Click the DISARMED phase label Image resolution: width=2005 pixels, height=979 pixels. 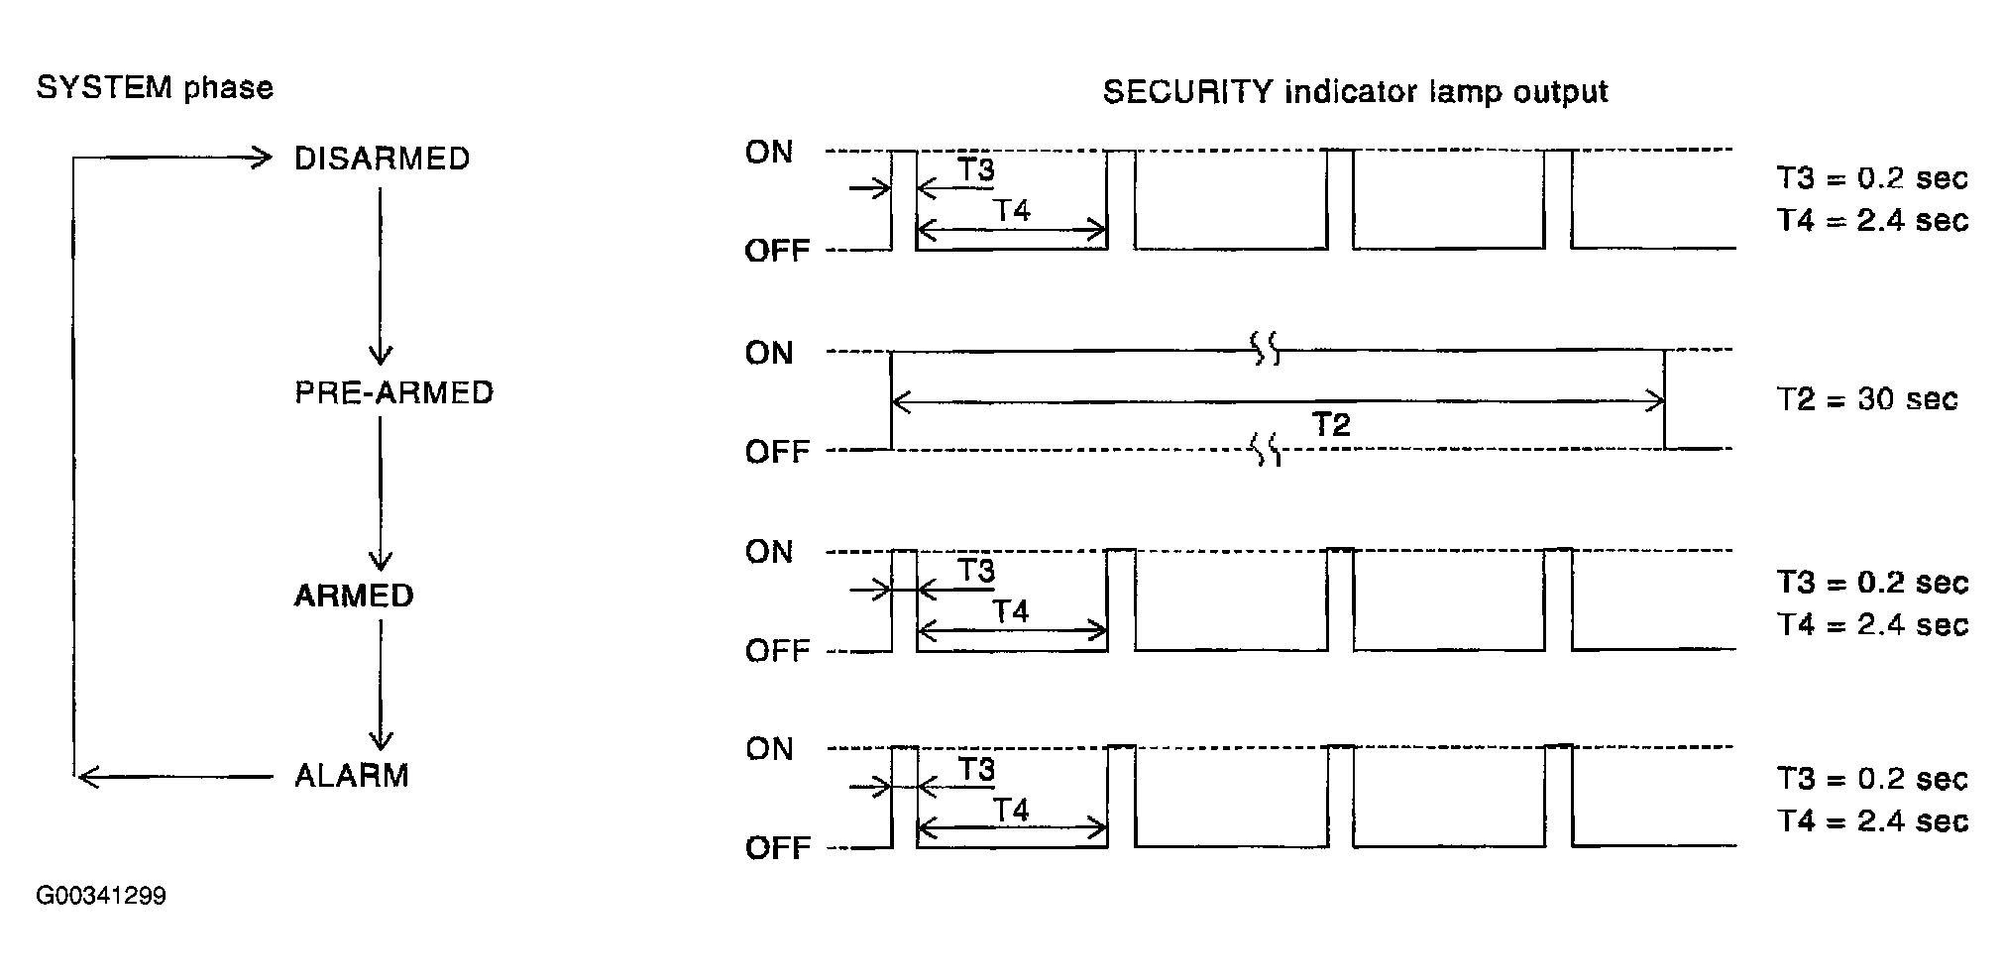tap(382, 159)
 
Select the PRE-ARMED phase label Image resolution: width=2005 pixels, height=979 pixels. tap(393, 392)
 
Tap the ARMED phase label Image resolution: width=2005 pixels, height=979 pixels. tap(354, 596)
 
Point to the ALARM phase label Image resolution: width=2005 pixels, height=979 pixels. tap(352, 775)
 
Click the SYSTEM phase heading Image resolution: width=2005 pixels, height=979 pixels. tap(155, 88)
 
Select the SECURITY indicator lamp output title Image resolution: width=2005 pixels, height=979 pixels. tap(1355, 92)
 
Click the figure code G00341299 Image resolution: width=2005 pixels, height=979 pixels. tap(101, 896)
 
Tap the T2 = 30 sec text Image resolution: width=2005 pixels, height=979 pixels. tap(1866, 399)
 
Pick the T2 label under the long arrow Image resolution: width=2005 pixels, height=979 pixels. tap(1331, 425)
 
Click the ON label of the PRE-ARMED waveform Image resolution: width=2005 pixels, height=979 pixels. tap(769, 353)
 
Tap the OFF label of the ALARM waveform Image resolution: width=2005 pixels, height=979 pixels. tap(777, 848)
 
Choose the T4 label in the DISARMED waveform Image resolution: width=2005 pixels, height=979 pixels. tap(1011, 210)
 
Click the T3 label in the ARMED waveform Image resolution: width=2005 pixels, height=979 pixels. tap(976, 571)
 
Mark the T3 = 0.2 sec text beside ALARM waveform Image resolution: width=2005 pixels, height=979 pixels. tap(1871, 779)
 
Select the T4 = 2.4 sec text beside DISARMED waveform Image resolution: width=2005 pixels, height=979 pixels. tap(1871, 220)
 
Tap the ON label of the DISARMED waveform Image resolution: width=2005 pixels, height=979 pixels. tap(769, 152)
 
